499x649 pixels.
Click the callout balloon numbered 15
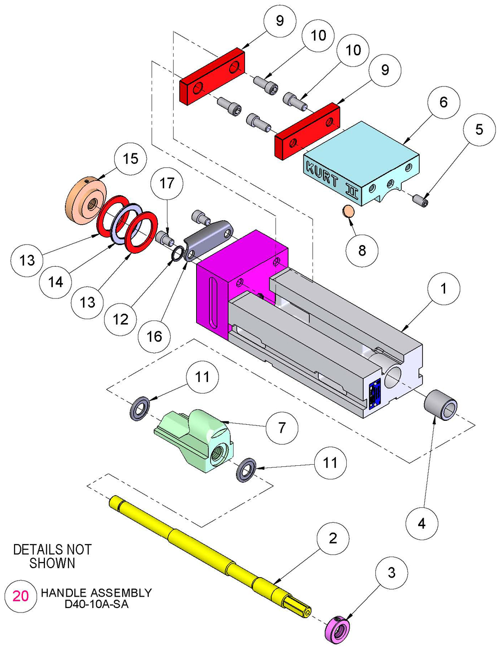click(x=130, y=159)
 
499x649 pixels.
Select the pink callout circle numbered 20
click(x=20, y=596)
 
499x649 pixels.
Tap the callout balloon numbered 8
click(x=362, y=250)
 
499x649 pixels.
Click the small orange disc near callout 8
click(x=349, y=211)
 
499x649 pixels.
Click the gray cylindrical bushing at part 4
click(x=441, y=402)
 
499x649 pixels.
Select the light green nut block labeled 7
click(x=197, y=436)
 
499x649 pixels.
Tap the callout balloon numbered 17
click(x=167, y=183)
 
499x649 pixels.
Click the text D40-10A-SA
click(x=96, y=605)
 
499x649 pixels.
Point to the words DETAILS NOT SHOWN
click(x=52, y=556)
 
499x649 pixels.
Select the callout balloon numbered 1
click(x=443, y=288)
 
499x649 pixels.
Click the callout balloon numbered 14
click(x=55, y=282)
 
